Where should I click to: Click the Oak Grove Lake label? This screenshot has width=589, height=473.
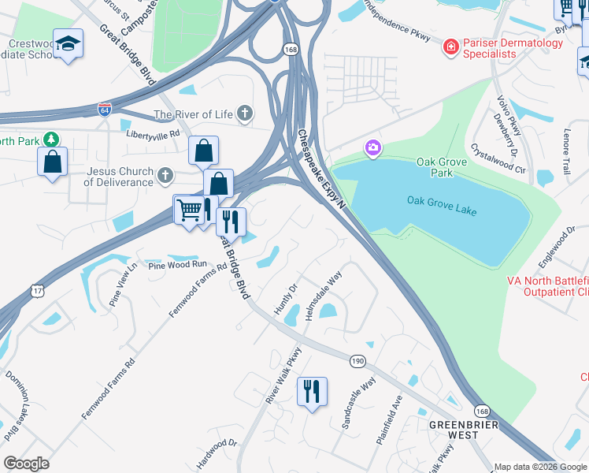(x=442, y=201)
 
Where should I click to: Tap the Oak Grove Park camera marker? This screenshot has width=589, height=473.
(x=372, y=147)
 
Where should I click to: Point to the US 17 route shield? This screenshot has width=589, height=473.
(x=38, y=291)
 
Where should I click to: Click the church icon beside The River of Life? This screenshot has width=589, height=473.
(x=246, y=114)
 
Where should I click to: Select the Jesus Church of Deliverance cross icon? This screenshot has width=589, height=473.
(x=165, y=174)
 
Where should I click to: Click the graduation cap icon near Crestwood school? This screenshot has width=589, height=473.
(x=69, y=45)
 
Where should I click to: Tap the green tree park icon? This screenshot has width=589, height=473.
(x=51, y=139)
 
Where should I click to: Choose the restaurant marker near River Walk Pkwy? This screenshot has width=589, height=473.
(x=312, y=391)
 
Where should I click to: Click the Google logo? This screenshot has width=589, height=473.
(x=26, y=464)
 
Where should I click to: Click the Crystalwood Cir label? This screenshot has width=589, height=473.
(x=498, y=157)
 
